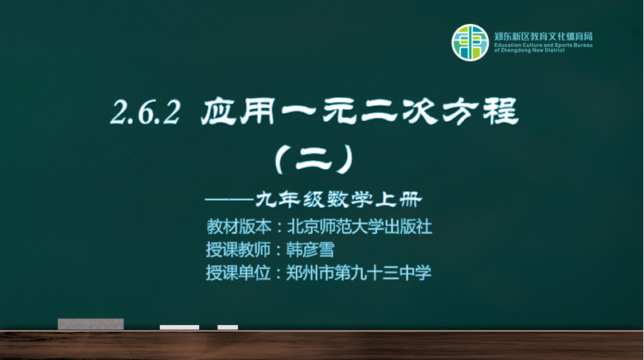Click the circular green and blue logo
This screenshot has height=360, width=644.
coord(470,43)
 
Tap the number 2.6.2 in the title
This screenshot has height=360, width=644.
coord(146,112)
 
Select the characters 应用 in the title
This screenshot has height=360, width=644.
coord(237,112)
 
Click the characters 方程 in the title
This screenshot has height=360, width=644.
coord(481,112)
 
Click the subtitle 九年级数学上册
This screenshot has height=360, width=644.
coord(338,200)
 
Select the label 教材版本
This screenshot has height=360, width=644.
coord(239,226)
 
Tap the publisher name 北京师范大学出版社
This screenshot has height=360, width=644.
coord(359,226)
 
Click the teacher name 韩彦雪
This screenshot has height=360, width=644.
coord(310,249)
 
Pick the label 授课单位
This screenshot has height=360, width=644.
coord(239,272)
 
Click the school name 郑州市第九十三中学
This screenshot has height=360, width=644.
coord(358,272)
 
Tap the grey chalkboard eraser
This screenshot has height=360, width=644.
coord(91,324)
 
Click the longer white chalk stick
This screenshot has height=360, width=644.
coord(179,327)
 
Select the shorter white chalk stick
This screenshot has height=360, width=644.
coord(228,327)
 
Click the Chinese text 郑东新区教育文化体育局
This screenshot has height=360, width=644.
coord(544,36)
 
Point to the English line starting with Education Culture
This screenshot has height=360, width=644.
coord(544,45)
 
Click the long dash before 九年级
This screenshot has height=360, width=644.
coord(229,200)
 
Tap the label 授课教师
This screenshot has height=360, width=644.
coord(239,249)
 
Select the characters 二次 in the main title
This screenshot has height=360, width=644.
coord(399,112)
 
